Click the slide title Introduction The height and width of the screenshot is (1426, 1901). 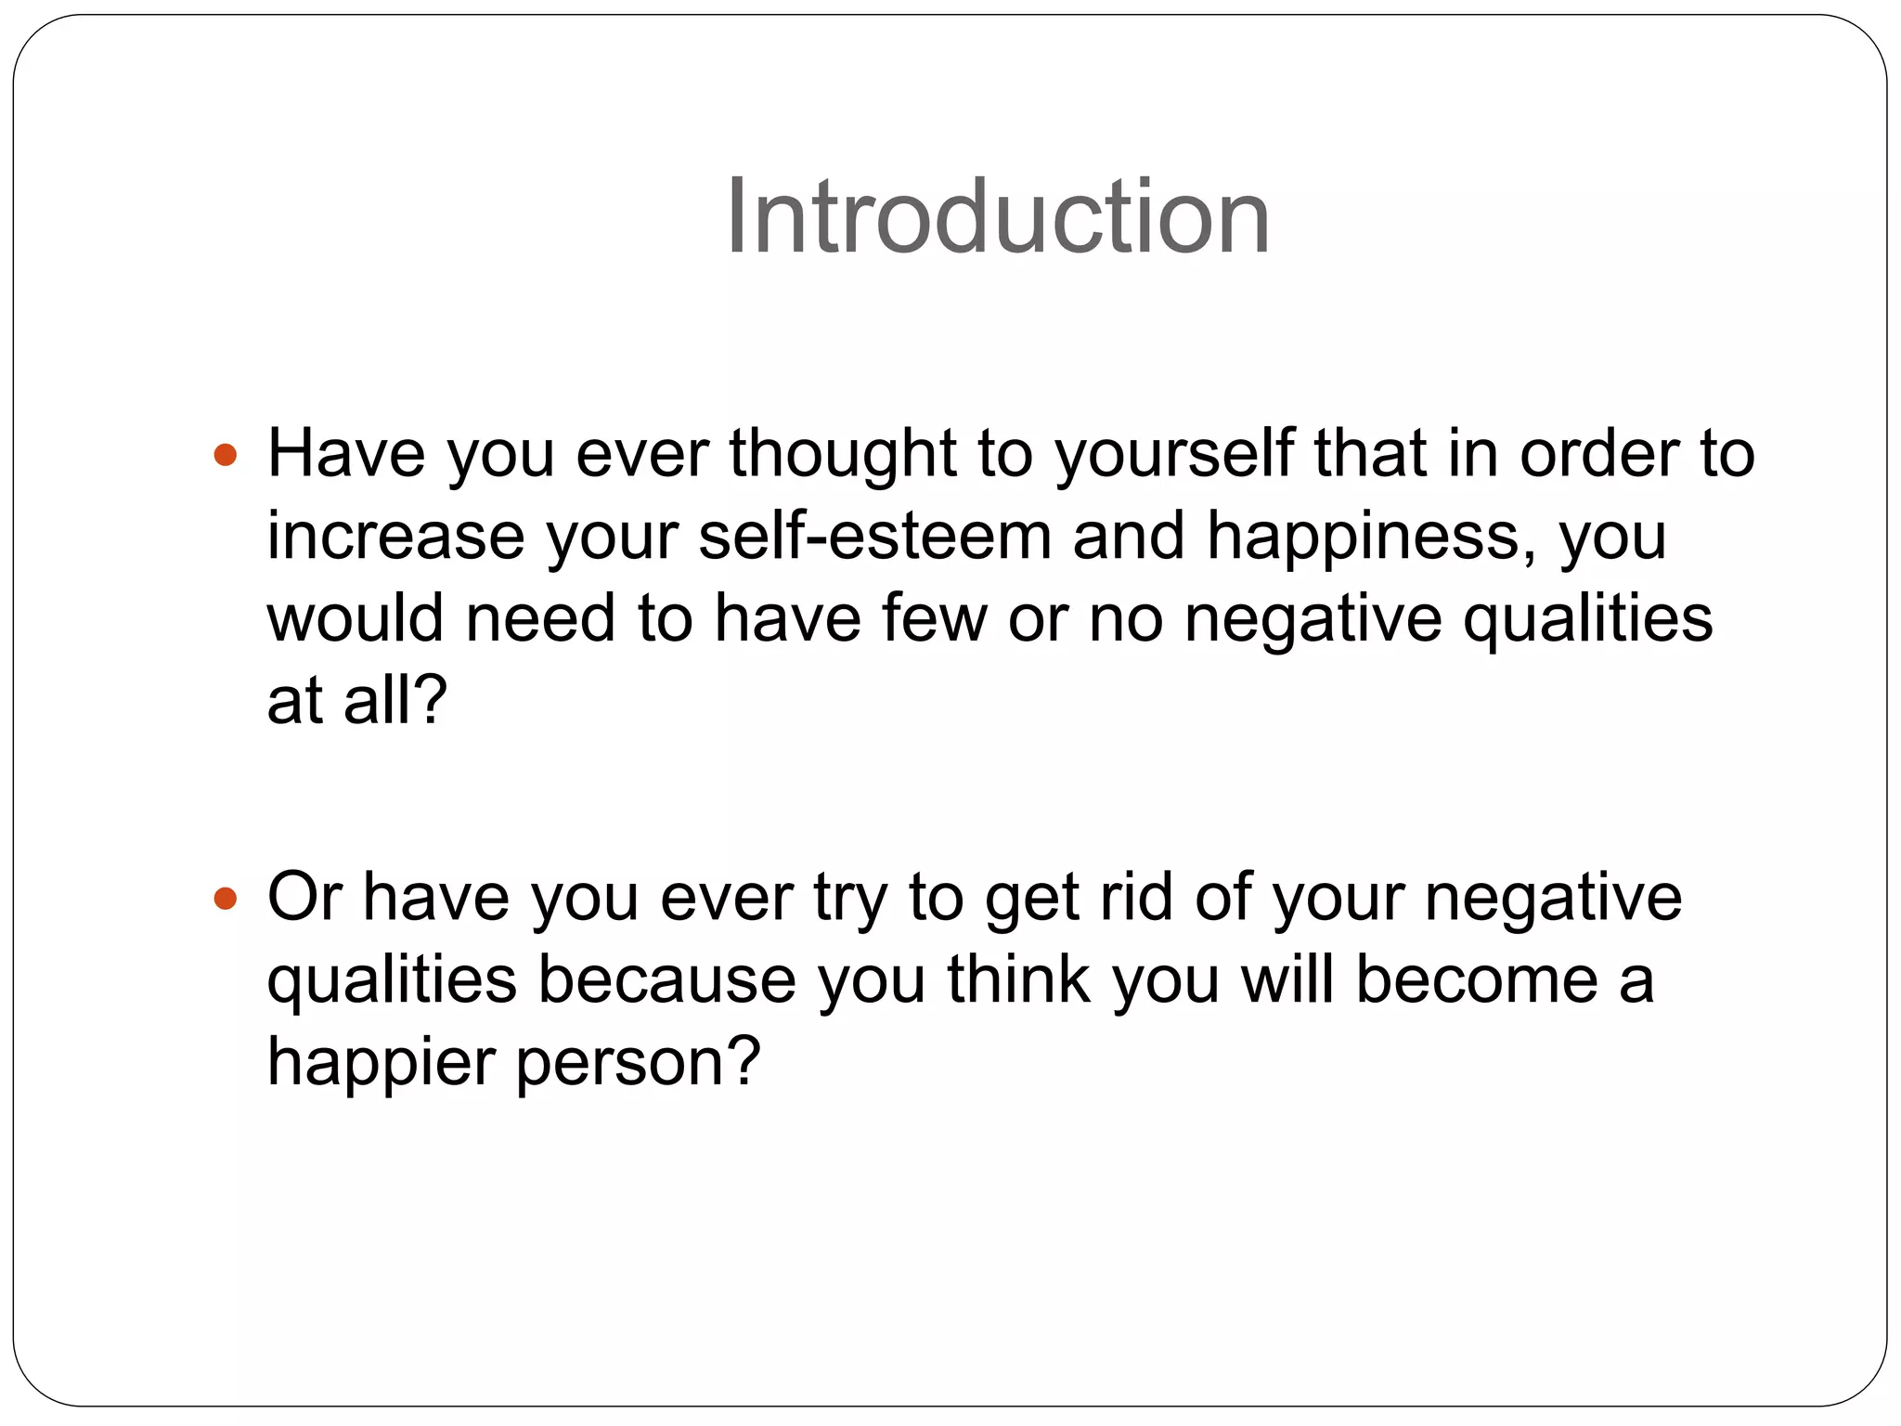point(997,218)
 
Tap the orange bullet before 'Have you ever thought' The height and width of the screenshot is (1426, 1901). point(225,456)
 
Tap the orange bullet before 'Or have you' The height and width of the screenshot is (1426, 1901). point(225,899)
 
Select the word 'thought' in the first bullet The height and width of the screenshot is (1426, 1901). point(843,455)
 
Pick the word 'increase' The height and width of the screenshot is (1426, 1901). point(395,537)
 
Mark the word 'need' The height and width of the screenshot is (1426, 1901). point(540,618)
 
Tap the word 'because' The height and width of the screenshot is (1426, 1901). point(666,979)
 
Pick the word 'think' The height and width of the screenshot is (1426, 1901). point(1018,979)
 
